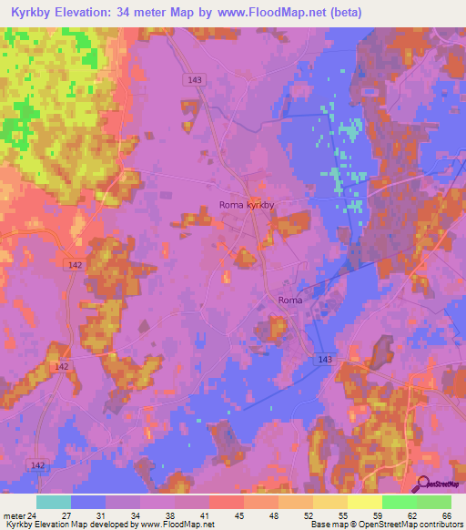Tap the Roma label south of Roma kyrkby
point(289,300)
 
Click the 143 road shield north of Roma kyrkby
point(193,80)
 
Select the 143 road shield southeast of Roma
point(325,360)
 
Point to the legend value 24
point(35,515)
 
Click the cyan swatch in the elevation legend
point(53,502)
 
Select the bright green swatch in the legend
point(399,502)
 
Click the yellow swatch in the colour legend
point(364,502)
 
